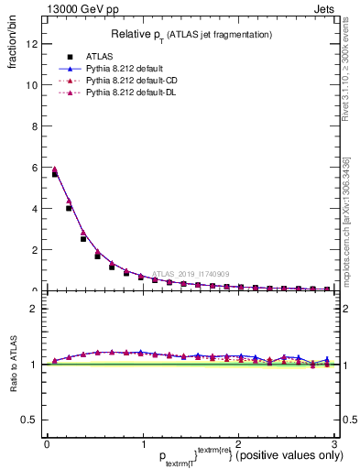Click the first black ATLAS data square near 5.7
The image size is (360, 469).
coord(55,173)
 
